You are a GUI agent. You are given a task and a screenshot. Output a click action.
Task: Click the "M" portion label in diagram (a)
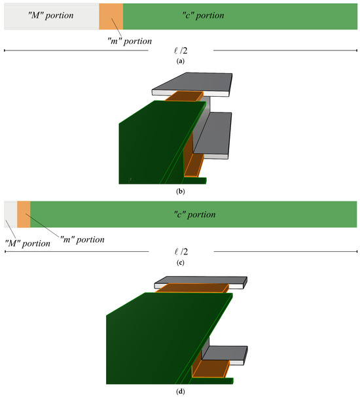50,15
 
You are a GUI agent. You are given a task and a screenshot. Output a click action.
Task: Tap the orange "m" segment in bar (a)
111,16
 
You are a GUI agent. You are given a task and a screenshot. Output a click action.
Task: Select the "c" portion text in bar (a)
203,15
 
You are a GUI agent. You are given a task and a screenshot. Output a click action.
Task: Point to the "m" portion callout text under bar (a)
130,41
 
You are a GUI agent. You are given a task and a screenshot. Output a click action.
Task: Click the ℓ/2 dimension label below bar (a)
181,50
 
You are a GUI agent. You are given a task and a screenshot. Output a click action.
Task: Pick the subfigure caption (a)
181,61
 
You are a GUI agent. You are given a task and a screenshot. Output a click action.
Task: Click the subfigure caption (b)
181,192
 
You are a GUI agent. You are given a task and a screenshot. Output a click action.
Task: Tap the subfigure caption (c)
181,262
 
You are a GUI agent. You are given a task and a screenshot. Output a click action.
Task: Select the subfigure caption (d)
181,392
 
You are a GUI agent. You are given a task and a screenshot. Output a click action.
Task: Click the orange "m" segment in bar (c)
24,215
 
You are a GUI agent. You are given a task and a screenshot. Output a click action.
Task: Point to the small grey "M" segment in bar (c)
10,215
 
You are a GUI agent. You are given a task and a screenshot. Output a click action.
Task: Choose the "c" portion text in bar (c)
194,215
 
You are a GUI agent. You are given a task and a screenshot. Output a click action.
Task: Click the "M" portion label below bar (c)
27,243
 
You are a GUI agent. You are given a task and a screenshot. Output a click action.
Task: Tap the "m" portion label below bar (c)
82,239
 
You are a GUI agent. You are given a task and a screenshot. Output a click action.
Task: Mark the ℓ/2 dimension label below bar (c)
181,251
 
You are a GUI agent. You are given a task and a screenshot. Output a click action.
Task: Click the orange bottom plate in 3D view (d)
211,369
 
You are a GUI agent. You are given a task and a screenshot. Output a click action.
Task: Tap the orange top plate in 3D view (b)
185,96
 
